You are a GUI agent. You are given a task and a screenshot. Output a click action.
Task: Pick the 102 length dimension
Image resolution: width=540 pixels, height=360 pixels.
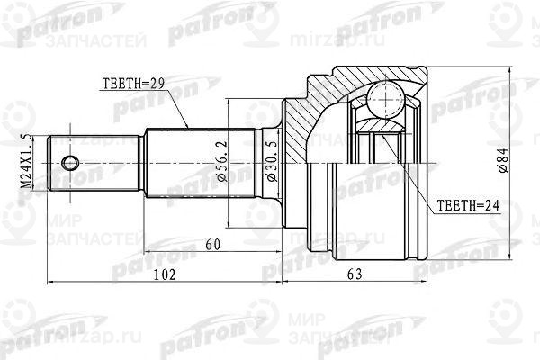click(164, 274)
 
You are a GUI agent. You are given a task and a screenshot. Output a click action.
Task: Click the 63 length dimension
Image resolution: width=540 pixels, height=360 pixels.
click(353, 274)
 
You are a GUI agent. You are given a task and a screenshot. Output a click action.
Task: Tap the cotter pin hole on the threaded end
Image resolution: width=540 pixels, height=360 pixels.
click(70, 163)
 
